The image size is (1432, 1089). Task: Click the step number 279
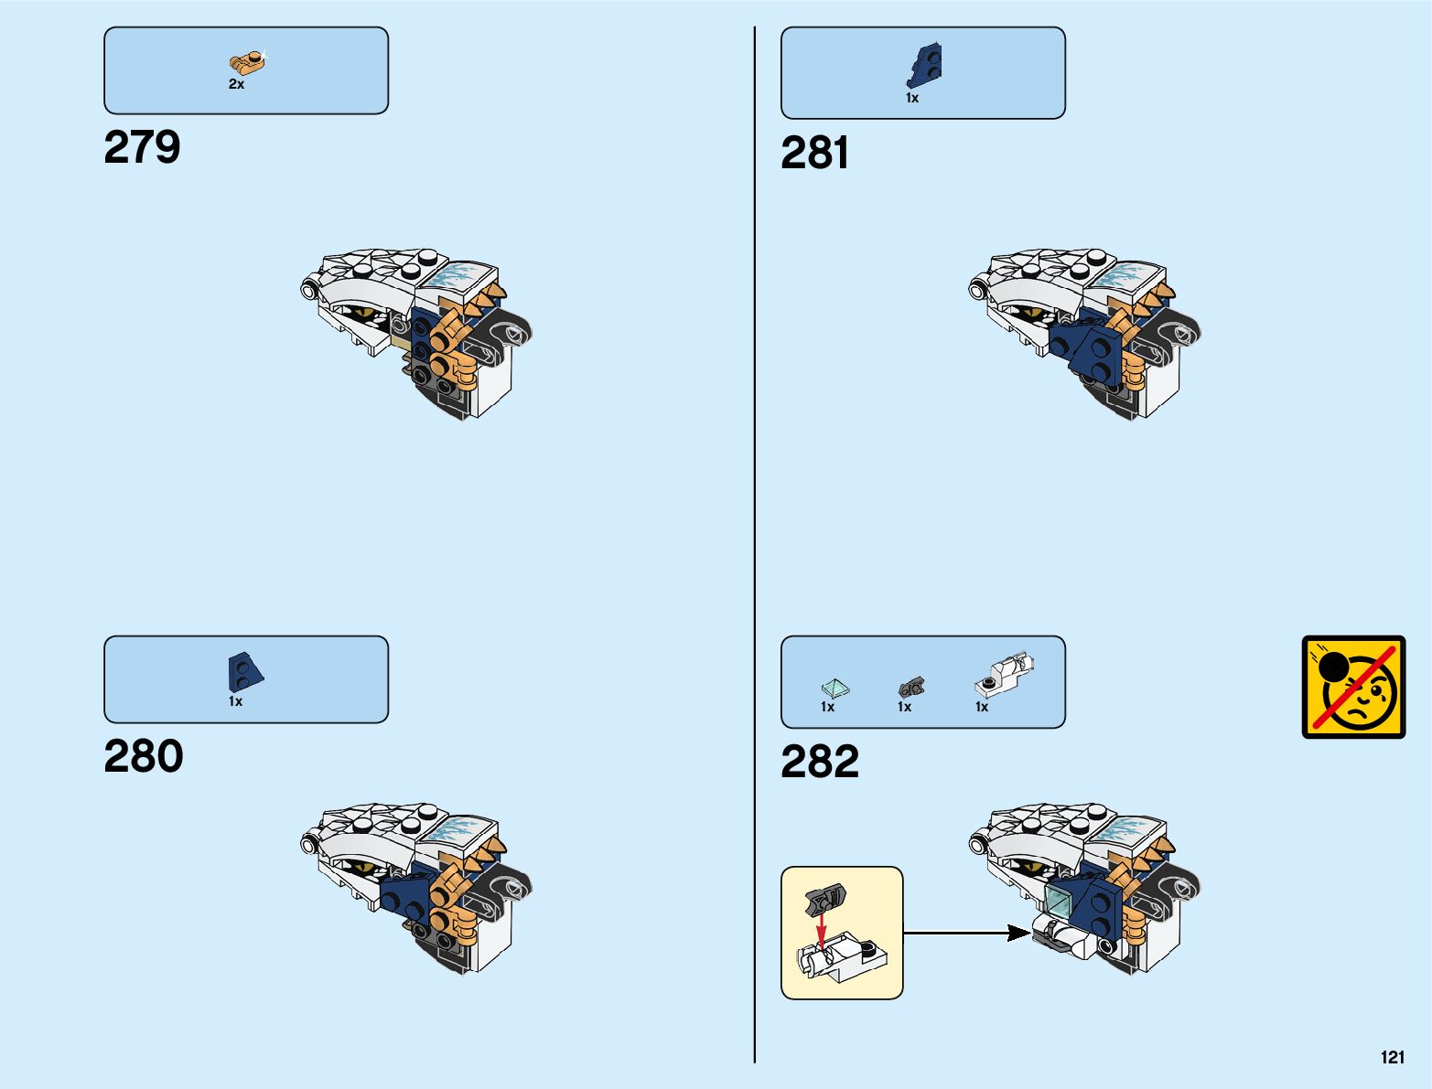(142, 147)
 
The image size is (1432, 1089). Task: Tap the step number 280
(143, 756)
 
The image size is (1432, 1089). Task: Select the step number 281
(814, 153)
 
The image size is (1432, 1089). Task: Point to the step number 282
(819, 762)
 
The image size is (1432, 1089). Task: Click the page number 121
(1392, 1057)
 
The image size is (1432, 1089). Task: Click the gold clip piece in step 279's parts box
(246, 62)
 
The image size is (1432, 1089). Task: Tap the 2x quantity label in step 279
(236, 84)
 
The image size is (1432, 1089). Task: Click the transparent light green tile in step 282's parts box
(834, 688)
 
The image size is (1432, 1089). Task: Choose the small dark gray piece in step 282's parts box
(911, 687)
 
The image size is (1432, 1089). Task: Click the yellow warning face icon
(1353, 687)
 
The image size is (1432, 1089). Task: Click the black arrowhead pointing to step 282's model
(1017, 933)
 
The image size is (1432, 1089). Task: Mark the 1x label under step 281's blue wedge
(912, 98)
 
